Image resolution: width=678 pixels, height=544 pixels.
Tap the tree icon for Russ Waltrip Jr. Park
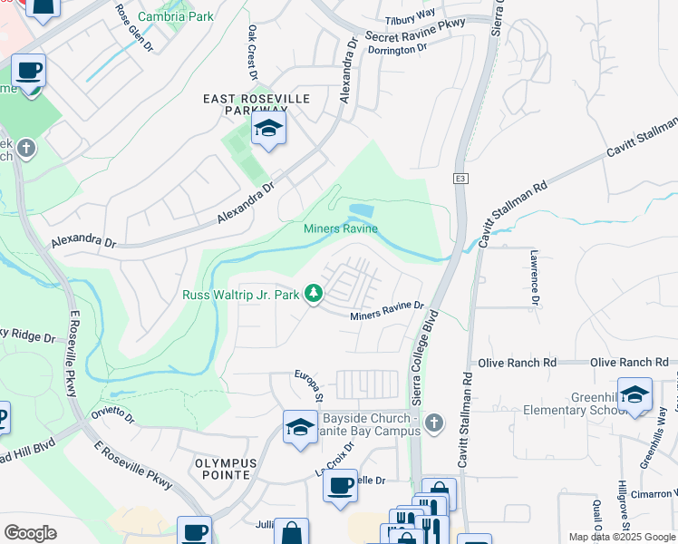coord(314,293)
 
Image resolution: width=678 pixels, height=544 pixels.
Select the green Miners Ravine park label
coord(340,229)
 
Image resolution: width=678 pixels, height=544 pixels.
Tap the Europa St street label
coord(308,384)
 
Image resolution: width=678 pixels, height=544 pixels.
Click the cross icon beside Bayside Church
coord(434,422)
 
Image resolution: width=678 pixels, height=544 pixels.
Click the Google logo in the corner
coord(29,533)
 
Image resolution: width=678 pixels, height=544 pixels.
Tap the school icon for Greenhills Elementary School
coord(634,394)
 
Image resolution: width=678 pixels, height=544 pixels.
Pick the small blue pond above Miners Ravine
coord(361,210)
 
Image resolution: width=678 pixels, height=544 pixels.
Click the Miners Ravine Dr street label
coord(387,310)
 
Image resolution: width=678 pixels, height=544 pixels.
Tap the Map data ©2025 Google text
coord(623,537)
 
